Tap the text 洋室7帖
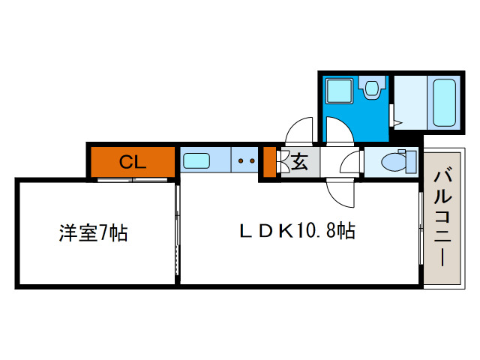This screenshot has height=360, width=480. click(93, 232)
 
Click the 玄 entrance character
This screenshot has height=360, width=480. click(298, 160)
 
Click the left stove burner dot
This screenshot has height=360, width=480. click(241, 160)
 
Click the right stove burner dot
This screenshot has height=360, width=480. click(253, 160)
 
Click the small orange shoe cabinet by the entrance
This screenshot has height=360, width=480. click(268, 162)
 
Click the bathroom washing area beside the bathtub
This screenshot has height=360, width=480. click(409, 101)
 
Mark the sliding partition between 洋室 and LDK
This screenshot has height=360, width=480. click(177, 232)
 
